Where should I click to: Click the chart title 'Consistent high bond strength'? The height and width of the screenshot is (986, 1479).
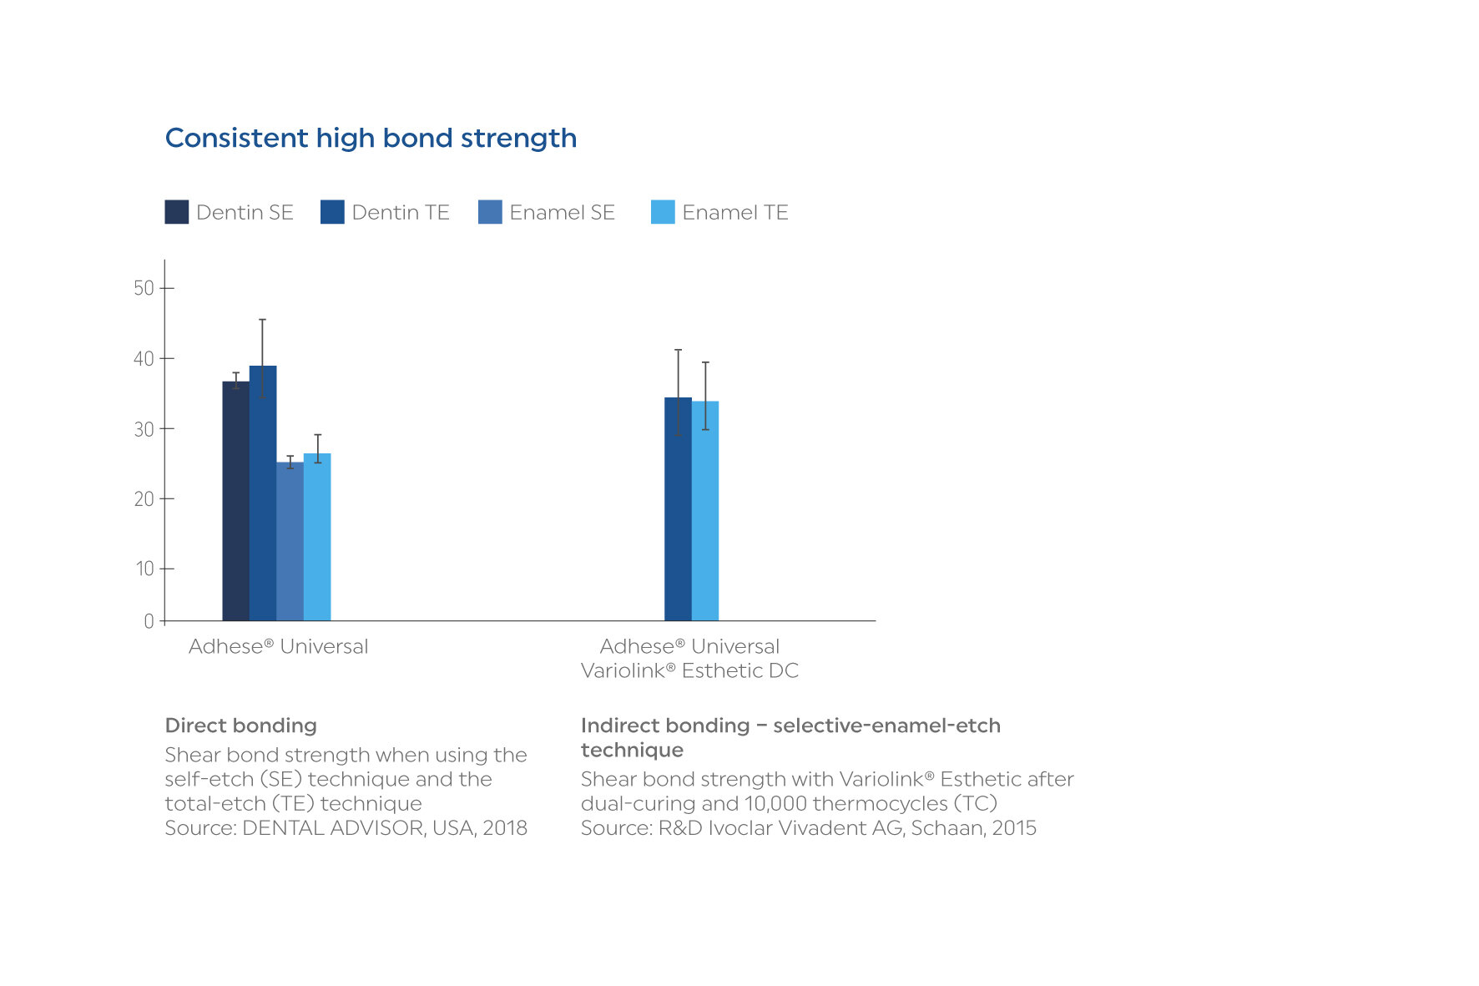click(x=371, y=138)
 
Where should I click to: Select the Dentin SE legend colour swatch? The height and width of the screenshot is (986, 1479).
click(x=177, y=212)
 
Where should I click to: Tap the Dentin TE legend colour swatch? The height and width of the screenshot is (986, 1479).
click(x=332, y=212)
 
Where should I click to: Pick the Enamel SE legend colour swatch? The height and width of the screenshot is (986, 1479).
click(x=490, y=212)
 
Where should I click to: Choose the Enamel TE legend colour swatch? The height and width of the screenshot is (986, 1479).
click(x=663, y=212)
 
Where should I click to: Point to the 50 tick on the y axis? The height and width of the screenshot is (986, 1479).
click(x=144, y=288)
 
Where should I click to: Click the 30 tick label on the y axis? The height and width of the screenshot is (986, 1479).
click(x=144, y=429)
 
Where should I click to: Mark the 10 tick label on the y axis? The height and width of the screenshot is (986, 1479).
click(x=145, y=569)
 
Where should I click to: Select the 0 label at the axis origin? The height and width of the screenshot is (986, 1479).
click(x=149, y=621)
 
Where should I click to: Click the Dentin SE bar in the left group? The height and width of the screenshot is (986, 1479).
click(x=235, y=501)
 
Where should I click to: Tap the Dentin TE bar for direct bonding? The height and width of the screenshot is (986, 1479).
click(x=263, y=493)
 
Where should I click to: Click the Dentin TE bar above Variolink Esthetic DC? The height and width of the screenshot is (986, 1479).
click(x=678, y=509)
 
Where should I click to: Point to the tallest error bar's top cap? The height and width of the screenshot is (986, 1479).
click(x=262, y=320)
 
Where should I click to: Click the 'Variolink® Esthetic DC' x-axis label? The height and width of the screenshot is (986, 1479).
click(x=689, y=670)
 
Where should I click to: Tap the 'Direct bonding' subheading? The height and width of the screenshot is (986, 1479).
click(x=241, y=726)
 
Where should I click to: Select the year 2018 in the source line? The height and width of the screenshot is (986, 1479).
click(x=505, y=827)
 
